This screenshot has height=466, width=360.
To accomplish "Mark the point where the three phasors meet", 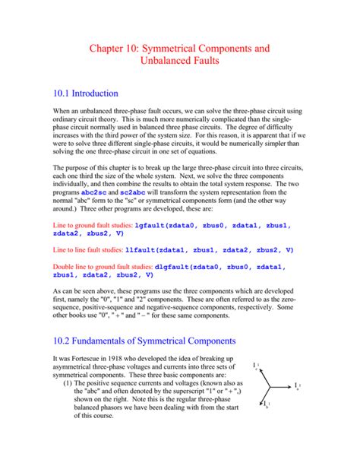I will coord(268,387).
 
